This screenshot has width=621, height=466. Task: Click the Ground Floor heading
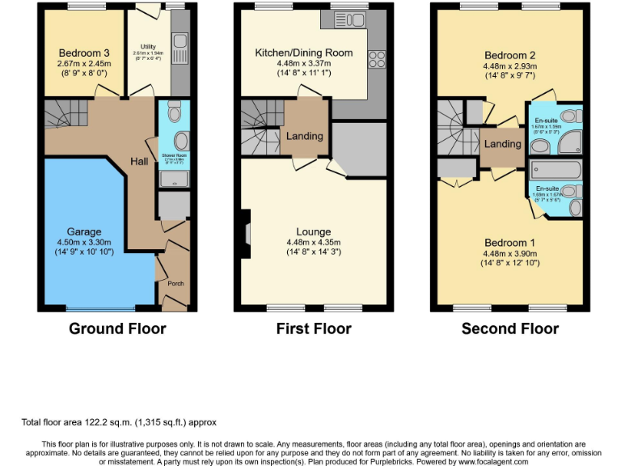[117, 328]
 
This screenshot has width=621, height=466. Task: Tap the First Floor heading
[314, 328]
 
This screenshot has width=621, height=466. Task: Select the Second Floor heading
[509, 328]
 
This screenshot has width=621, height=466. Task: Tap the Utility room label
[147, 47]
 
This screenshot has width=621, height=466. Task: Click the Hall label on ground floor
[139, 163]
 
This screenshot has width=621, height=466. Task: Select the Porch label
[175, 284]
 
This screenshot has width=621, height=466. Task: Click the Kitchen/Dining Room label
[304, 53]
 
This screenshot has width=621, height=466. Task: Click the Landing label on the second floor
[502, 144]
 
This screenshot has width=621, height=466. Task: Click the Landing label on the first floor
[304, 136]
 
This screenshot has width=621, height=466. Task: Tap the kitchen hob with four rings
[376, 59]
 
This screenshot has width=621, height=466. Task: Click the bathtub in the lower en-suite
[555, 170]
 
